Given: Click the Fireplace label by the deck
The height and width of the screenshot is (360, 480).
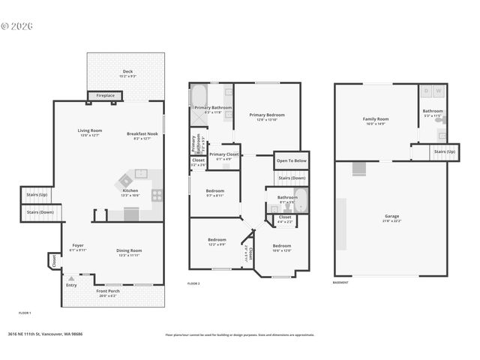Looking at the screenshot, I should click(100, 96).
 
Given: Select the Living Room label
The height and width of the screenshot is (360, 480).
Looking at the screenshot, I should click(90, 133).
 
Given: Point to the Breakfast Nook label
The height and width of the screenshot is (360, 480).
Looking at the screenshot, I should click(142, 135).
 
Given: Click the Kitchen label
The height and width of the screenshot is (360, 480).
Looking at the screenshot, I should click(130, 193).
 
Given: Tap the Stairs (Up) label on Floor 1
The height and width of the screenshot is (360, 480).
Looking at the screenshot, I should click(37, 194).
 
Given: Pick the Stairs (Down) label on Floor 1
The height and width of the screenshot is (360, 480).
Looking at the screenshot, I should click(40, 212).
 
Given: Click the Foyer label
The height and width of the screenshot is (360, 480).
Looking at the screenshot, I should click(78, 247).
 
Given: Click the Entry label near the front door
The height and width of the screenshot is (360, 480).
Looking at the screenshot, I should click(71, 285).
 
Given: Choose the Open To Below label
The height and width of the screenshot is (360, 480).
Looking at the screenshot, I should click(291, 160).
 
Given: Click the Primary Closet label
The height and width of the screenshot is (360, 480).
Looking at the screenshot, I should click(223, 155).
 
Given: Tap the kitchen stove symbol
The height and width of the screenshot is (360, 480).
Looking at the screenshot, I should click(157, 195).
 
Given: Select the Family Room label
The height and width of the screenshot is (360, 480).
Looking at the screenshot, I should click(375, 121).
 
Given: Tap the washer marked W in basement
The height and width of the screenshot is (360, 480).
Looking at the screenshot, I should click(439, 91).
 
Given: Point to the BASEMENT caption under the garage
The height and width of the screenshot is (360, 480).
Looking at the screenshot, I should click(341, 283).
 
